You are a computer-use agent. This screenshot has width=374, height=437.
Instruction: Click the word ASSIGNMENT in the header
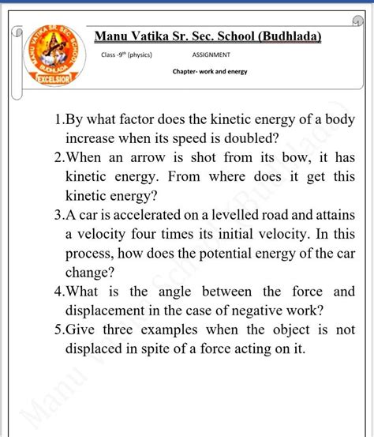click(211, 55)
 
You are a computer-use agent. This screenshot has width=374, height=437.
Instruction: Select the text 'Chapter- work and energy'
click(210, 71)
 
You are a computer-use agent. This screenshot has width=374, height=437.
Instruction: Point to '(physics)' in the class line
click(139, 55)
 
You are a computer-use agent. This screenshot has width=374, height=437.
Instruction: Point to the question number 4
click(58, 292)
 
